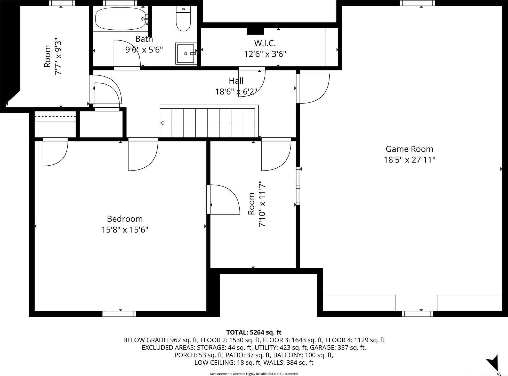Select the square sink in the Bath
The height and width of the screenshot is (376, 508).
[185, 53]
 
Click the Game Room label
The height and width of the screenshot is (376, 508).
[409, 149]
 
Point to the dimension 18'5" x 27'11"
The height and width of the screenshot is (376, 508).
[409, 160]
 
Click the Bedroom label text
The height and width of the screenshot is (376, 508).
[125, 219]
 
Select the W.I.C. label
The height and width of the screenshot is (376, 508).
[265, 43]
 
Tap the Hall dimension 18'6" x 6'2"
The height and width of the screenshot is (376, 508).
[236, 91]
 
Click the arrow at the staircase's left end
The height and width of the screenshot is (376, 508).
[162, 123]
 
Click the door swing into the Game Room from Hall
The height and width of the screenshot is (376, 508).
[313, 88]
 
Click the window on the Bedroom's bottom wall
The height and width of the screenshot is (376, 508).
[119, 314]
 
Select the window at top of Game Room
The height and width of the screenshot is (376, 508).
[417, 3]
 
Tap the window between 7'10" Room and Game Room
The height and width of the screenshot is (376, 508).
[298, 186]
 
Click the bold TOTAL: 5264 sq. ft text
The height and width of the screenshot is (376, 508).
[254, 332]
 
